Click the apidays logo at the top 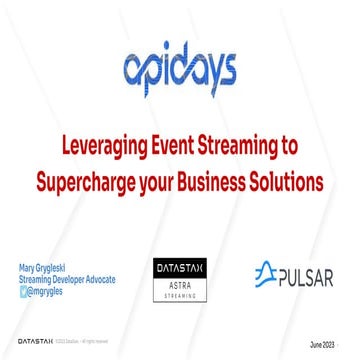[181, 71]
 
